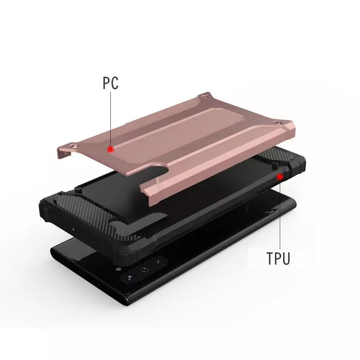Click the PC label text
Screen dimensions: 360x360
click(x=110, y=83)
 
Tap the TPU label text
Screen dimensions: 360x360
click(x=278, y=258)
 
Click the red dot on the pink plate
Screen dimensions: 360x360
click(x=111, y=150)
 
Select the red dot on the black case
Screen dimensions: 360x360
click(x=280, y=177)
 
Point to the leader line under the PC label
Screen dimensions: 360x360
click(x=111, y=119)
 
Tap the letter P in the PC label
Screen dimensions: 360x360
click(x=106, y=83)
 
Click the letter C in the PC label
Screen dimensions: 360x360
click(x=115, y=83)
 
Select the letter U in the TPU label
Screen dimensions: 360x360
click(x=286, y=258)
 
